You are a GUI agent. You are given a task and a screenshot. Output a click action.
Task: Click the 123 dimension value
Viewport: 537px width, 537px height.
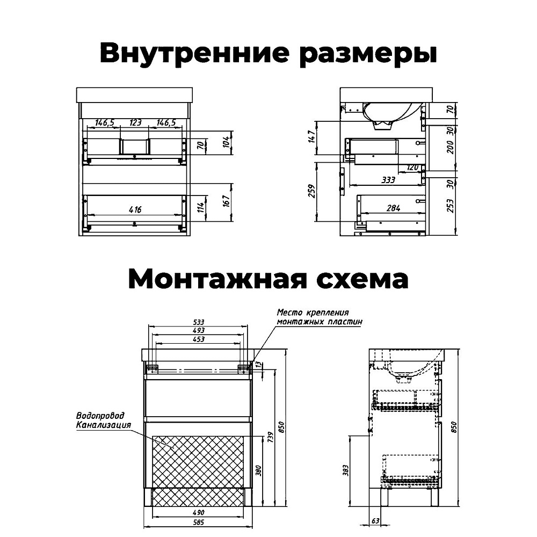click(x=135, y=123)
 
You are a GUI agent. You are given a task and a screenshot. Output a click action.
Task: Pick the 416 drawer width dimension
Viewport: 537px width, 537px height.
click(x=135, y=210)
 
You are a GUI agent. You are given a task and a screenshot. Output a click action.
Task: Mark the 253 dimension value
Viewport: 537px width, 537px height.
click(x=451, y=206)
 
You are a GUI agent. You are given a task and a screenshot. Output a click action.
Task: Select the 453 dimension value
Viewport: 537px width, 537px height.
click(x=198, y=339)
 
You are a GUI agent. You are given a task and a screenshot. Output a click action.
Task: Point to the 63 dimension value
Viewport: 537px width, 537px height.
click(x=375, y=521)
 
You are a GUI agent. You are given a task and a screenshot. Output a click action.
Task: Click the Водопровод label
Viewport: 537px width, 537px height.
click(x=100, y=416)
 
